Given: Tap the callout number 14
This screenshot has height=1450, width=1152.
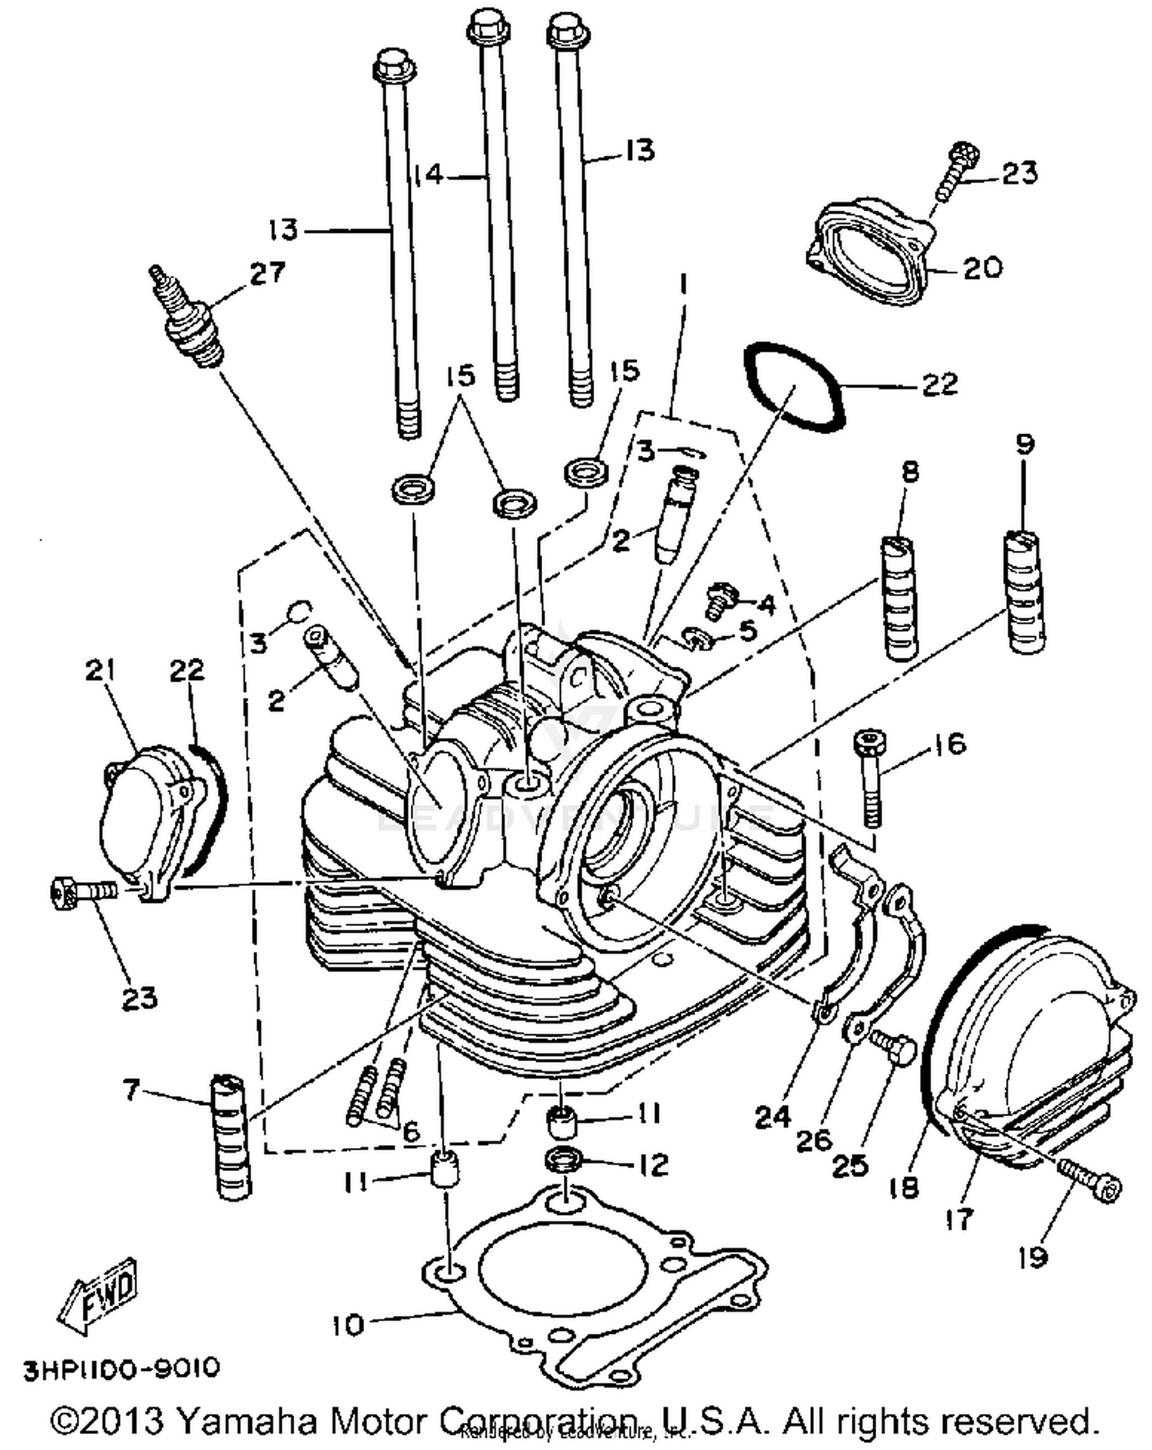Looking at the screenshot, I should coord(428,175).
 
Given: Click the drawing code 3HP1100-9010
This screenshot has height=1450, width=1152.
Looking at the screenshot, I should coord(121,1369).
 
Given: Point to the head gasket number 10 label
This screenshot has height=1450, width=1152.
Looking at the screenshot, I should coord(348,1325).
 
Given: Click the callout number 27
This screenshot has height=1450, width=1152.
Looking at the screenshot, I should coord(266,274).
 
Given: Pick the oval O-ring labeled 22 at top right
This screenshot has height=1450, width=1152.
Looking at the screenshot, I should coord(795,387).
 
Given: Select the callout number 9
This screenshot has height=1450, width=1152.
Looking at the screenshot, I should coord(1025,445).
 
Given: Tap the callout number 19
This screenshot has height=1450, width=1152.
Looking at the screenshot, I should coord(1033,1257).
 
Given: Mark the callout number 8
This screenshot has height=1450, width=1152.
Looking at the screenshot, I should coord(909,471).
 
